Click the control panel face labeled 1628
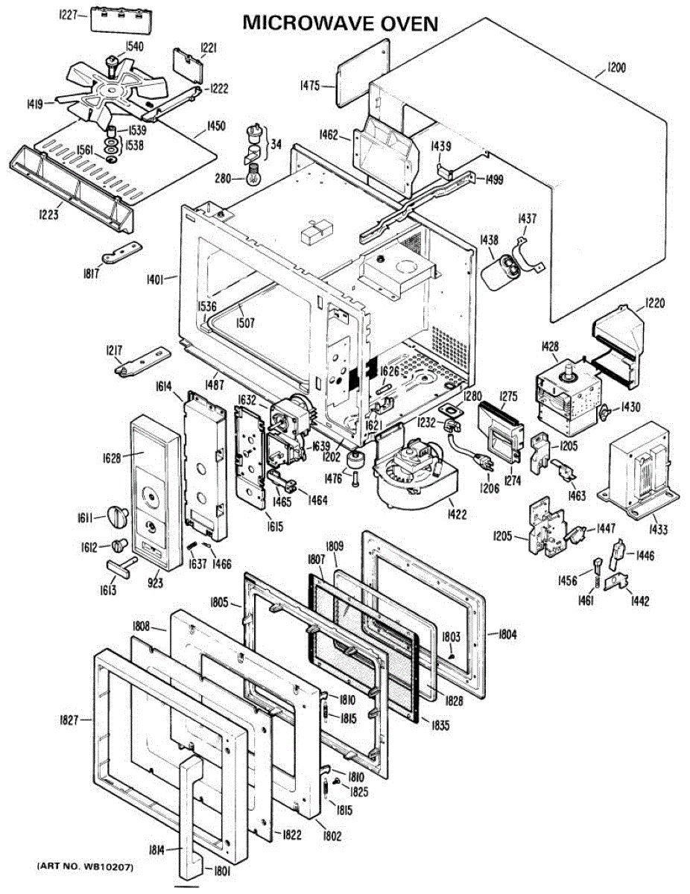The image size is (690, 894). (x=152, y=492)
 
